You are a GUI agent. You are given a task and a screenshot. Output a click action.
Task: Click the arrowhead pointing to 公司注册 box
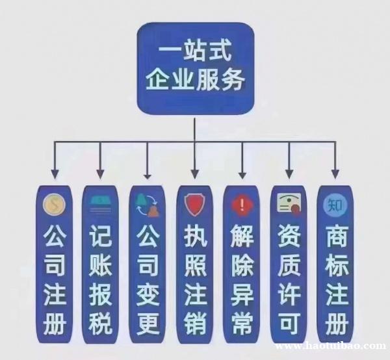coord(54,175)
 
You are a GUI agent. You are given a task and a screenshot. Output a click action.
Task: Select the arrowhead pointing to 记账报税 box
coord(101,175)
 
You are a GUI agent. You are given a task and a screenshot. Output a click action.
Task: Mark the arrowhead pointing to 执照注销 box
coord(194,175)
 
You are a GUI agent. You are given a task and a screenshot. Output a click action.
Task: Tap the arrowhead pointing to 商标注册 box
coord(335,175)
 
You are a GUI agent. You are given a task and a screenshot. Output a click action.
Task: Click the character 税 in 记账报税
coord(100,324)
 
